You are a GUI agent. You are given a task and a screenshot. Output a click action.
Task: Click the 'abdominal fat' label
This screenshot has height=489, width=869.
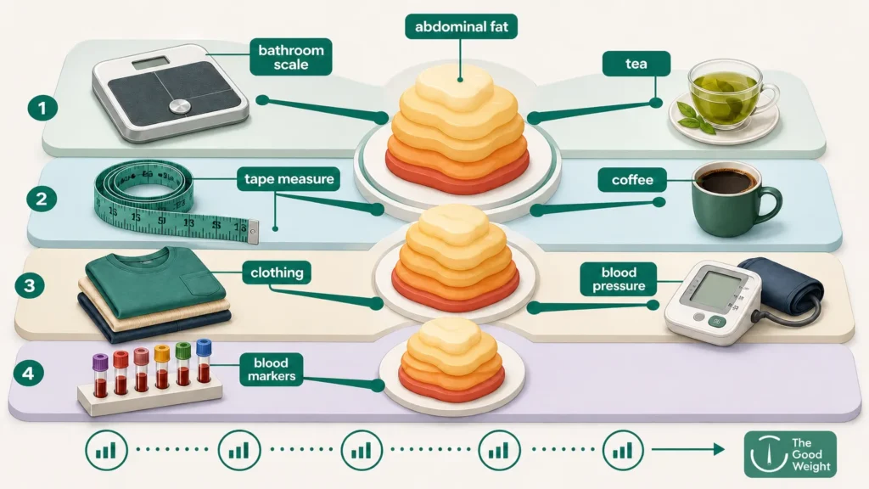coord(461,26)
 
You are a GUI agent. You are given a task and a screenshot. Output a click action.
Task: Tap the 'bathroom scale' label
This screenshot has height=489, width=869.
coord(291,57)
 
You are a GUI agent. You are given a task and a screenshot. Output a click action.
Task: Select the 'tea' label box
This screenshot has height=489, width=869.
coord(636,64)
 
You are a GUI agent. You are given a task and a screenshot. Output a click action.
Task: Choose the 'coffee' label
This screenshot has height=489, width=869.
coord(631,180)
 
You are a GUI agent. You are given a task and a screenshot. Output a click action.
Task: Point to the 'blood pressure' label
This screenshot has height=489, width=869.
coord(619,278)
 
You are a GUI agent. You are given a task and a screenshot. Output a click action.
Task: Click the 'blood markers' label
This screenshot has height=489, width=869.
coord(271,370)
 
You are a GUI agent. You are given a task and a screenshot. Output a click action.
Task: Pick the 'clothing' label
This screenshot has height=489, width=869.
coord(277,273)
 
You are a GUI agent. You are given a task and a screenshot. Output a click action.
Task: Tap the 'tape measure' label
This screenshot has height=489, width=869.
coord(289,179)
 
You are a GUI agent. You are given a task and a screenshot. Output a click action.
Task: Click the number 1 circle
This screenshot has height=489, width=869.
coord(42,107)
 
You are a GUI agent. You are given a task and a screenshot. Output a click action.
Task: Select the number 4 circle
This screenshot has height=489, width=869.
coord(27,373)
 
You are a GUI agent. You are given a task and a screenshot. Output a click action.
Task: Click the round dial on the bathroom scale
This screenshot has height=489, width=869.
coord(180,107)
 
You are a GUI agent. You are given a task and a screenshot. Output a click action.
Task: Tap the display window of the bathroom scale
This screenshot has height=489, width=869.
coord(150,63)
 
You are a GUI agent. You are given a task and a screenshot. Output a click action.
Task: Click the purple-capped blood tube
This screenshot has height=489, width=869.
coord(100,375)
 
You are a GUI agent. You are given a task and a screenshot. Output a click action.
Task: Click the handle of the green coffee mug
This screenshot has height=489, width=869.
coord(771,204)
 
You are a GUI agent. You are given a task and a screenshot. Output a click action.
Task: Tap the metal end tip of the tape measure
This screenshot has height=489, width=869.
coord(253,233)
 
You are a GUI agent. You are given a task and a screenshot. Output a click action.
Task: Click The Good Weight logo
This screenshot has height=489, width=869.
coord(790,454)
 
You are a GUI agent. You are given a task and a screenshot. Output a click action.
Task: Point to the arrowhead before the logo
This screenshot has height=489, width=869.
coord(719,449)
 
